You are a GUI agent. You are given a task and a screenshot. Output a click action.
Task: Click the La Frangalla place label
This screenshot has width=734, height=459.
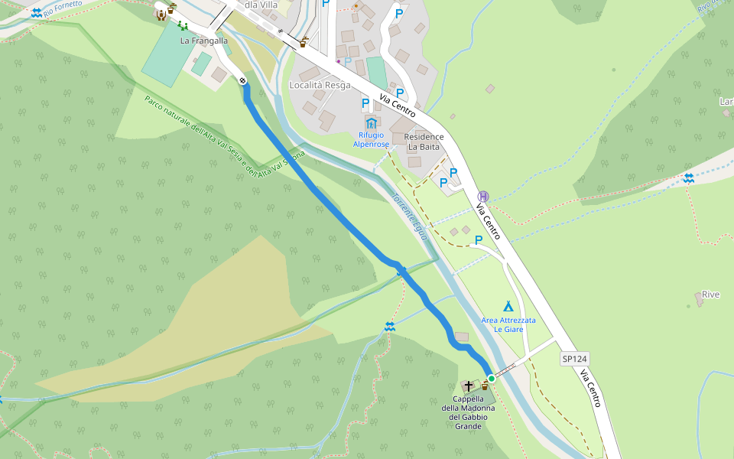(x=204, y=41)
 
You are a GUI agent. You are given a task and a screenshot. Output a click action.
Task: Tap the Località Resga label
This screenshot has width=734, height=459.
(x=320, y=85)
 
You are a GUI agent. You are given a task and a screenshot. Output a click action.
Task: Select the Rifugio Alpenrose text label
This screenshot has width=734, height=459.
(x=371, y=139)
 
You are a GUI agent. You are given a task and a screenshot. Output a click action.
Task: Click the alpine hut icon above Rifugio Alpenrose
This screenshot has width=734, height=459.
(x=371, y=122)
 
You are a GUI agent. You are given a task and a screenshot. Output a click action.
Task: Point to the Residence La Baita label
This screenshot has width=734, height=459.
(x=424, y=142)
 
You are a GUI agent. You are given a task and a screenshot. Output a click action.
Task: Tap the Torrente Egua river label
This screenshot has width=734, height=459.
(x=409, y=216)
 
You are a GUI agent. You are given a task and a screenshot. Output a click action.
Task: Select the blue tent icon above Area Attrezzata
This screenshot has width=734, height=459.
(x=508, y=306)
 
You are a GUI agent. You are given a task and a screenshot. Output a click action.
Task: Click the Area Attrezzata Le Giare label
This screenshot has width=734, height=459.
(x=508, y=324)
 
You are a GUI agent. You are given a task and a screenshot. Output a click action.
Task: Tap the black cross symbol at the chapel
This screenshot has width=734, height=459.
(x=468, y=386)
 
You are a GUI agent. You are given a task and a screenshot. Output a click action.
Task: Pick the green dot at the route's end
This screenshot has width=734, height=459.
(x=492, y=378)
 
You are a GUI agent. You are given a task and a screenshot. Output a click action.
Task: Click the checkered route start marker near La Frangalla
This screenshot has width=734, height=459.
(x=242, y=80)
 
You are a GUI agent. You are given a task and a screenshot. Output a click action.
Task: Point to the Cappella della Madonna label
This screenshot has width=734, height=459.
(x=468, y=412)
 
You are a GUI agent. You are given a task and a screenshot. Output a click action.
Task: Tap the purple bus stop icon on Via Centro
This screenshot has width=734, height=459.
(x=482, y=196)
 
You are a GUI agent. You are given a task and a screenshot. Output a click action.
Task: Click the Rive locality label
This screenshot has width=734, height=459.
(x=710, y=295)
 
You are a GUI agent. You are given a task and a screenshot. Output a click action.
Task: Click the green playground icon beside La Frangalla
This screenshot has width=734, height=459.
(x=182, y=26)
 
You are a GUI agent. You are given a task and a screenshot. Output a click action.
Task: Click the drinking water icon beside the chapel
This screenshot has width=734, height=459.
(x=483, y=386)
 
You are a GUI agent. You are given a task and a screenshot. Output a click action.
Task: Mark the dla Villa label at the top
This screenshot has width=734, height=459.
(x=261, y=4)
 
